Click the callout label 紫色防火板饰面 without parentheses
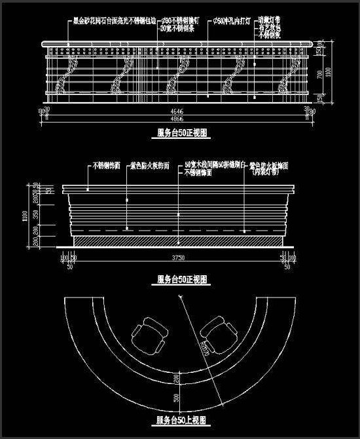(150, 166)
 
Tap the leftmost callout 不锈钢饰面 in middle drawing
(106, 166)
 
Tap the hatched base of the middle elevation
(177, 242)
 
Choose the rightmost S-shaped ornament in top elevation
(285, 77)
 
